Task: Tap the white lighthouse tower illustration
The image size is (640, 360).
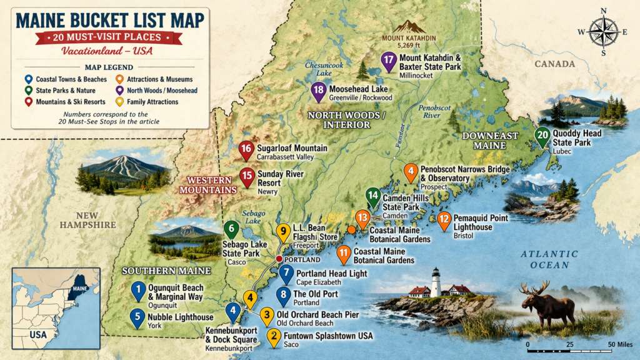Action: coord(436,282)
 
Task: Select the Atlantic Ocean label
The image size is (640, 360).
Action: coord(550,259)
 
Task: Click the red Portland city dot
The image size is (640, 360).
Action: coord(279,259)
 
